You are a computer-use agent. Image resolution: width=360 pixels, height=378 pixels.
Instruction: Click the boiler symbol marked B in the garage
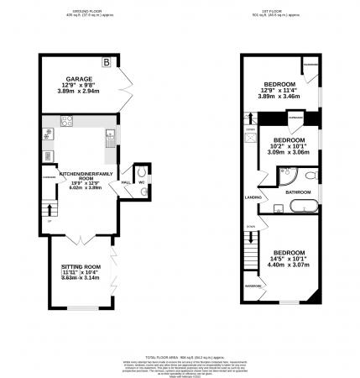[107, 62]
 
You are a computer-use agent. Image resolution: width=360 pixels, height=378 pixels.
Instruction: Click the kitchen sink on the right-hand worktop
[109, 136]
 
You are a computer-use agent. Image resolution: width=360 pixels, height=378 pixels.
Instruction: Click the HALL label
[125, 181]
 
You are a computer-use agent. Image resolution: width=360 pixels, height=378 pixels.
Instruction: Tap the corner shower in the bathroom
[287, 176]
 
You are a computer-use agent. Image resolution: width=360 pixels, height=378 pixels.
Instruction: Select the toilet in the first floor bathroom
[310, 175]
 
